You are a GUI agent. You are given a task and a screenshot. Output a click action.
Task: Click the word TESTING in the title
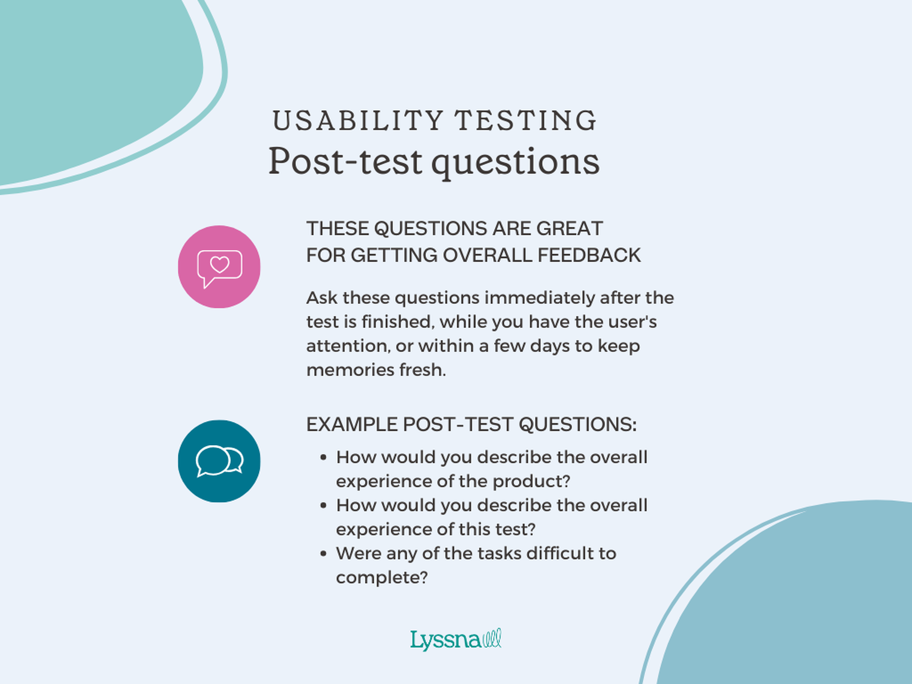tap(526, 121)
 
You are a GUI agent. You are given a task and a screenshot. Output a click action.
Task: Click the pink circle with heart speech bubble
tap(219, 267)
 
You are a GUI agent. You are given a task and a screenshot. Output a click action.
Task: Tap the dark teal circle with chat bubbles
tap(219, 461)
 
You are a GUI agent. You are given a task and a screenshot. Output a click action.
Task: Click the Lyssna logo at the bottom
tap(456, 640)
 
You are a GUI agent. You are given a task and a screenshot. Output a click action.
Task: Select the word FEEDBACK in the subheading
tap(589, 255)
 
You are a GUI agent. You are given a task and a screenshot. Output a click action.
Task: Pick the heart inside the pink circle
tap(220, 264)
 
